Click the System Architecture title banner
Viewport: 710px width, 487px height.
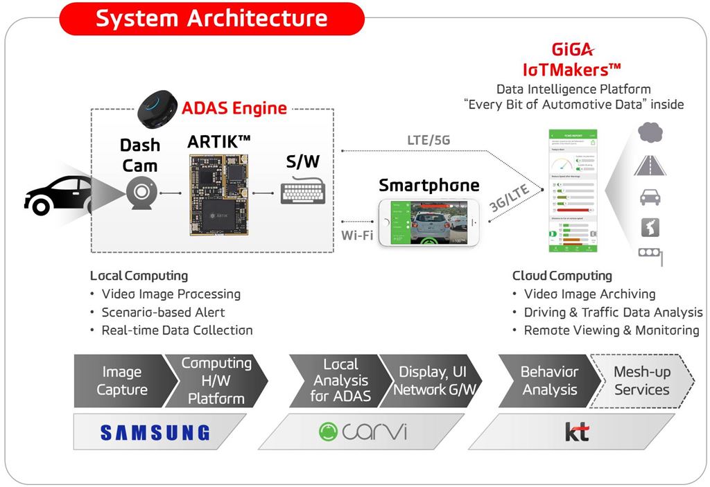pyautogui.click(x=211, y=19)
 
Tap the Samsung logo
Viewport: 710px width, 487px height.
pyautogui.click(x=155, y=433)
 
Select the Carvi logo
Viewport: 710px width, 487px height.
pyautogui.click(x=363, y=433)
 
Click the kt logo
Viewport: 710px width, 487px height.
pyautogui.click(x=576, y=433)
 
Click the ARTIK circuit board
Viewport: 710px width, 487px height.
pyautogui.click(x=220, y=193)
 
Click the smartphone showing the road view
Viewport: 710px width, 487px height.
pyautogui.click(x=428, y=222)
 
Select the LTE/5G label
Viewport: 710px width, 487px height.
pyautogui.click(x=428, y=140)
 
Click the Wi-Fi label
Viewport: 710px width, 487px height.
pyautogui.click(x=356, y=235)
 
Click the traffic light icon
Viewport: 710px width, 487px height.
pyautogui.click(x=650, y=255)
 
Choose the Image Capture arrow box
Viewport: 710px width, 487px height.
pyautogui.click(x=119, y=381)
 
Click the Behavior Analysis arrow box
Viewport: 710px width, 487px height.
pyautogui.click(x=549, y=381)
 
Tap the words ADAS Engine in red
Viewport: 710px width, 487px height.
pyautogui.click(x=234, y=108)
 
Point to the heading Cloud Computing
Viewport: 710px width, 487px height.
pyautogui.click(x=562, y=276)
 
